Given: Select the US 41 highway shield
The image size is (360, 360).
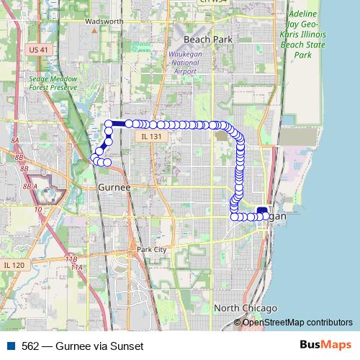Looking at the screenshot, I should click(x=40, y=49).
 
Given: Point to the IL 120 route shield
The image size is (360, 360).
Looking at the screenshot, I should click(x=14, y=265).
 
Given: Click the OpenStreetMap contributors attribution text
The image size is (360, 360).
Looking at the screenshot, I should click(x=297, y=323).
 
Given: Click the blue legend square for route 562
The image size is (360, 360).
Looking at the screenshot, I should click(x=12, y=346).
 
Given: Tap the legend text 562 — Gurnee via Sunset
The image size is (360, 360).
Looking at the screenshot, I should click(x=83, y=346).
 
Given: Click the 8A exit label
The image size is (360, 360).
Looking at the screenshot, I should click(x=14, y=141).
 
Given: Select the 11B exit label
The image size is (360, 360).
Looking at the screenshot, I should click(x=71, y=258).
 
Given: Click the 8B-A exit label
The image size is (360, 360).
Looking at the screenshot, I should click(x=30, y=186).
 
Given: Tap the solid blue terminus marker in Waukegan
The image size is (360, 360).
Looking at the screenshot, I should click(x=262, y=211).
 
